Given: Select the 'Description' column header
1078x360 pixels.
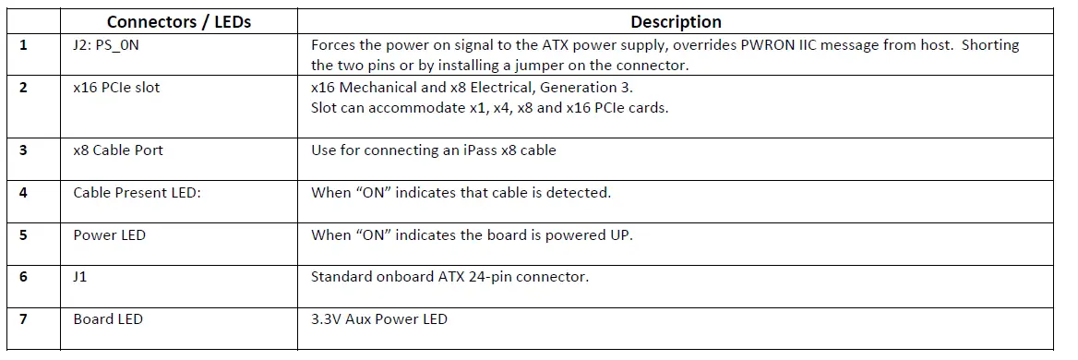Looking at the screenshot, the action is pos(676,22).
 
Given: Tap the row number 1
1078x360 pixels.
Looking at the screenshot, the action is pos(23,44).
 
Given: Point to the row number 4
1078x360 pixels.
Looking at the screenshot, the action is pos(23,193).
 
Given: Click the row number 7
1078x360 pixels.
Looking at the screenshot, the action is pos(23,319).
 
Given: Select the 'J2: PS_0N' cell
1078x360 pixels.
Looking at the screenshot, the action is pos(105,44).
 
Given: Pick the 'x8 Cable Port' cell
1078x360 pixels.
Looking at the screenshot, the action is pos(118,150).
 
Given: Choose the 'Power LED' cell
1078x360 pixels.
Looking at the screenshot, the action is pos(109,234).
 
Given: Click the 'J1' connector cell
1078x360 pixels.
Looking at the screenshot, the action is pos(80,277).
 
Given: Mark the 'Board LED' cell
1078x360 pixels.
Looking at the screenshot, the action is pos(108,319).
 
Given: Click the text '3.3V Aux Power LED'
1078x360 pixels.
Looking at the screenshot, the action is pos(378,319).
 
